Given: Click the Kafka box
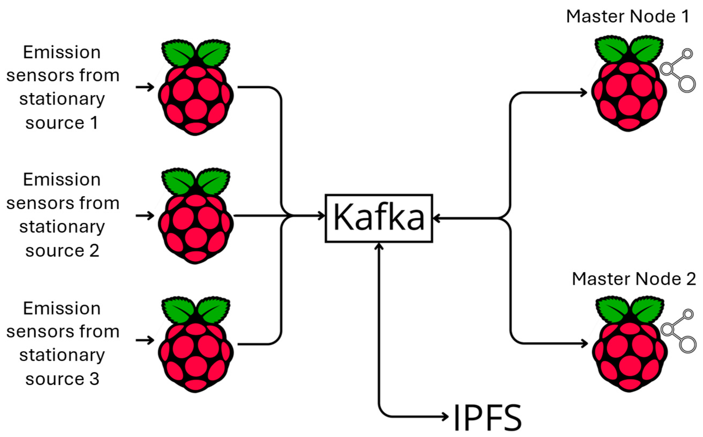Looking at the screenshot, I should point(378,218).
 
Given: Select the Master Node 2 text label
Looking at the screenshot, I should point(634,279).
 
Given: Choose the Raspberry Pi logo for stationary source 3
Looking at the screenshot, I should point(196,344).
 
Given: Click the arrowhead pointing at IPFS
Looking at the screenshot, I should point(445,416).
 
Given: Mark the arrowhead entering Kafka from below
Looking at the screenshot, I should point(378,246).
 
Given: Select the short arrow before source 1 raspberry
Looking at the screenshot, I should point(145,87).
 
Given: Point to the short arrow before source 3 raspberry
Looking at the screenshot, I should point(145,340).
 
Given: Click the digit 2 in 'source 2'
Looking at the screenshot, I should point(94,251).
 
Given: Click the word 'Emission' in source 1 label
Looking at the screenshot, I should point(62,52).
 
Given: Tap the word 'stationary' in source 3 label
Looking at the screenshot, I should point(62,355).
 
